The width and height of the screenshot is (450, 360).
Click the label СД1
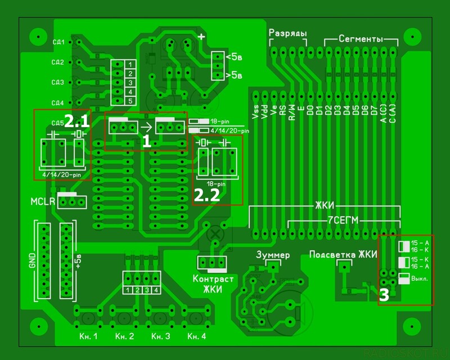pos(57,42)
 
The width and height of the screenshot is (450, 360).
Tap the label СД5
pos(57,123)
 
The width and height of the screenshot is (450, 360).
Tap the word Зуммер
pos(273,255)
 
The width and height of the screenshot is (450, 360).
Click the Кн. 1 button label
pos(87,336)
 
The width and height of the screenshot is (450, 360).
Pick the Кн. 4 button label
pos(197,336)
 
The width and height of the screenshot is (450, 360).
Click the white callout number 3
pos(384,296)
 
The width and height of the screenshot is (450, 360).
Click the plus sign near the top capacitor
pos(201,37)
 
